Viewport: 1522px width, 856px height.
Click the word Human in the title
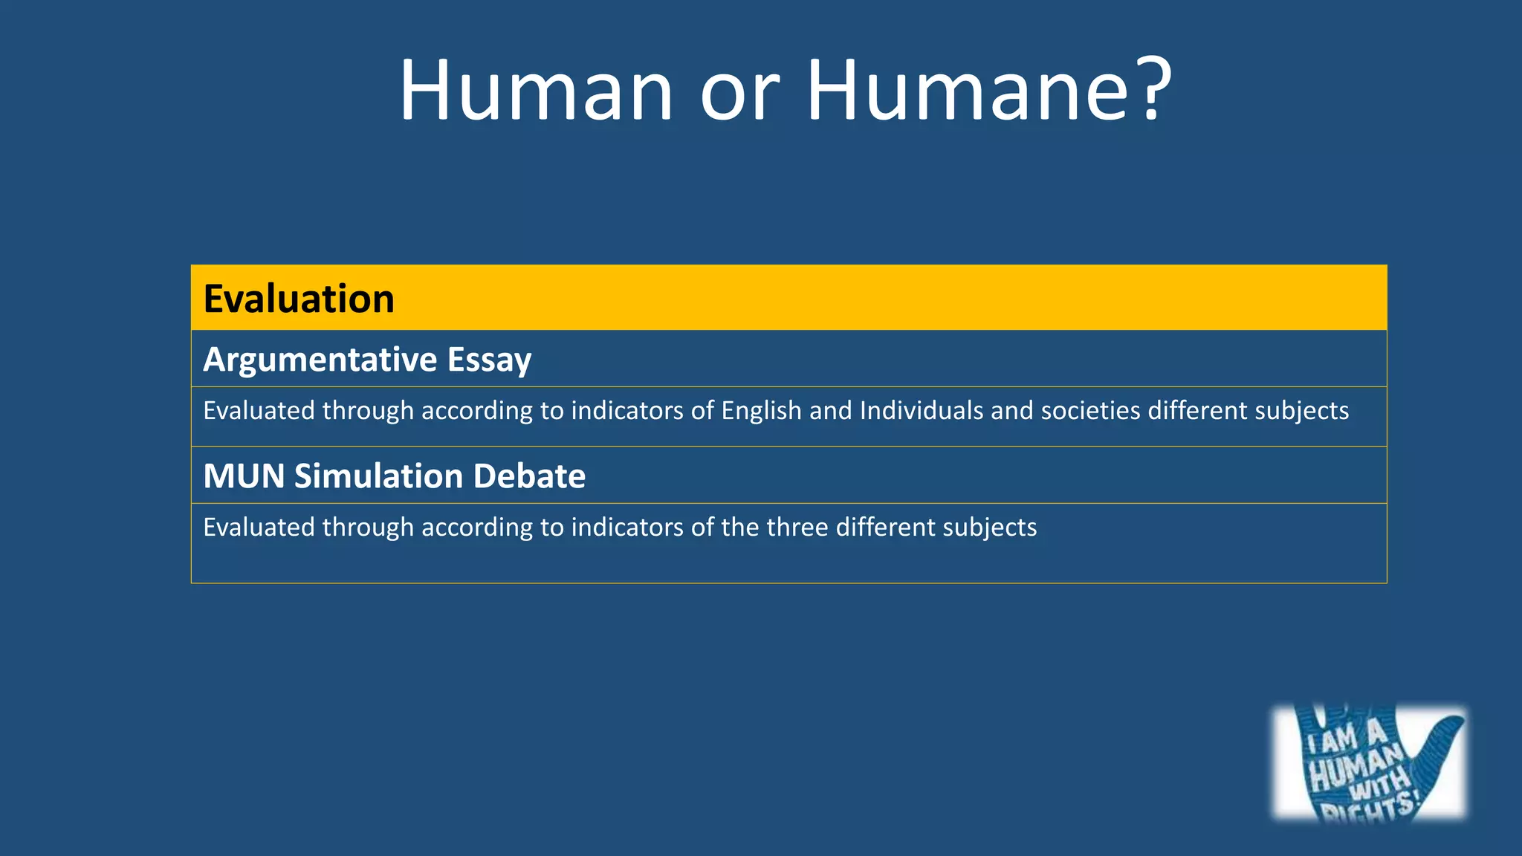point(536,90)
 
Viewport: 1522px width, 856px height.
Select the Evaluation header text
point(299,299)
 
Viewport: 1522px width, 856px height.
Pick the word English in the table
point(761,411)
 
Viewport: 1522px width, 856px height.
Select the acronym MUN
point(244,476)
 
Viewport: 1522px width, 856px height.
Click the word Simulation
point(379,476)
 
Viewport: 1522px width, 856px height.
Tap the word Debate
point(529,476)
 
